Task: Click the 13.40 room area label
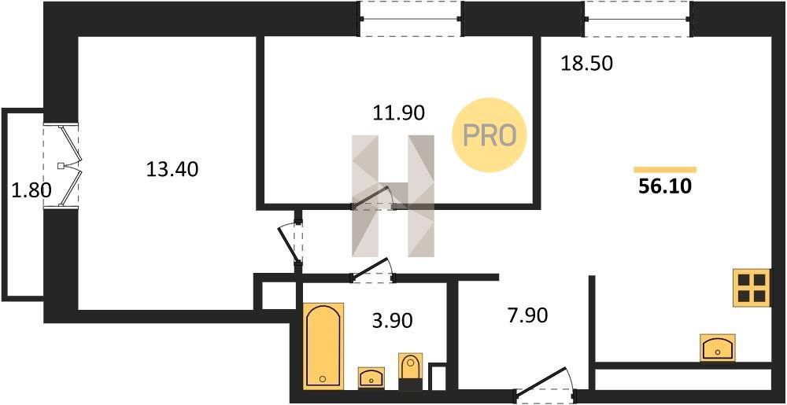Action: [x=172, y=170]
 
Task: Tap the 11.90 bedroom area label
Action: [x=398, y=113]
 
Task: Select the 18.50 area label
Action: [x=587, y=64]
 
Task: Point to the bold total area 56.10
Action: [x=665, y=186]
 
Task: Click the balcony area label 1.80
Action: [x=31, y=190]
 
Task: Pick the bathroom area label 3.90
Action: [x=393, y=320]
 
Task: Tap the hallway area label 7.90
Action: [x=527, y=316]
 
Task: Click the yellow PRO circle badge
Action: [x=489, y=134]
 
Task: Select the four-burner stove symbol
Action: [x=752, y=288]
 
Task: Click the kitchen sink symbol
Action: [x=718, y=348]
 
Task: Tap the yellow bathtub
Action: [x=323, y=345]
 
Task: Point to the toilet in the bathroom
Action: [x=411, y=371]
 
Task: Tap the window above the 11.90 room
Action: [x=411, y=19]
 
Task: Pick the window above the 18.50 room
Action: [x=637, y=19]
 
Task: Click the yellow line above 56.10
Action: [x=665, y=170]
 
